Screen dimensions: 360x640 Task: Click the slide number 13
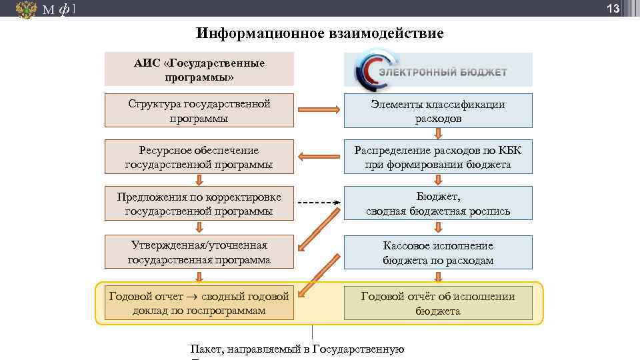[x=613, y=9]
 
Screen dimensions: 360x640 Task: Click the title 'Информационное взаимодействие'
[x=320, y=33]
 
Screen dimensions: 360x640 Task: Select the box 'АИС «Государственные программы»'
[x=199, y=69]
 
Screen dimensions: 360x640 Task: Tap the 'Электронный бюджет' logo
[x=438, y=69]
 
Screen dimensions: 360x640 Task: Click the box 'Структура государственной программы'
[x=199, y=111]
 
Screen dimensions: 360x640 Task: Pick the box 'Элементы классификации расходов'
[x=438, y=111]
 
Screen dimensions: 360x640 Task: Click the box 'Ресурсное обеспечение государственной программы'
[x=199, y=157]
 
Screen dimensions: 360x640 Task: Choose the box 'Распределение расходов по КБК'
[x=438, y=157]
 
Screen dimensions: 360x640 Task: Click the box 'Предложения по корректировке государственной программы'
[x=199, y=203]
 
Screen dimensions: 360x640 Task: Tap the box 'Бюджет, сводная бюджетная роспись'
[x=438, y=203]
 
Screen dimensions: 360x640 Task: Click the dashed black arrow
[x=318, y=203]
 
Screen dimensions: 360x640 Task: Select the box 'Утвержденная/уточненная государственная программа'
[x=199, y=252]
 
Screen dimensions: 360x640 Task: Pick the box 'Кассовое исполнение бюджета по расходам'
[x=438, y=252]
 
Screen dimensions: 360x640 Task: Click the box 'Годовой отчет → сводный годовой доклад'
[x=199, y=303]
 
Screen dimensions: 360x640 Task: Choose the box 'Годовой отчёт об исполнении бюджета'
[x=438, y=303]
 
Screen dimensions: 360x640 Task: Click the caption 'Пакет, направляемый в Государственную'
[x=297, y=349]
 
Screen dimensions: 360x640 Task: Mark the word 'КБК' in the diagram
[x=509, y=150]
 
